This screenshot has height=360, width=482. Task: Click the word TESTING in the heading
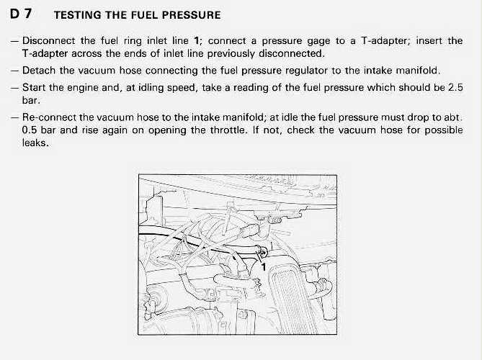click(x=79, y=14)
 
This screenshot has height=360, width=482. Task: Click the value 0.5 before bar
click(x=31, y=130)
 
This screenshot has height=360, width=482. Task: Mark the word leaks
click(x=35, y=143)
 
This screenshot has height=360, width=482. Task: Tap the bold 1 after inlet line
click(x=195, y=41)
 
